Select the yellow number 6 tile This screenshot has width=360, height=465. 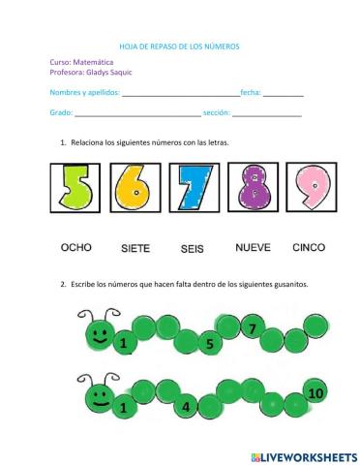133,189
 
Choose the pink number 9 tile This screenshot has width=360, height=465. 313,189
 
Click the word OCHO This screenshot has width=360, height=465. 76,248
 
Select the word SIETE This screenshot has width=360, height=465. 135,249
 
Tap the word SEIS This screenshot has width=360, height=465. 193,249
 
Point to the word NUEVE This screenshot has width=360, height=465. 253,248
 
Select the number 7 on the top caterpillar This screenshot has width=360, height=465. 252,329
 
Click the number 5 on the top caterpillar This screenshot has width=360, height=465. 209,344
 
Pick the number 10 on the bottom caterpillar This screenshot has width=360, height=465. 315,393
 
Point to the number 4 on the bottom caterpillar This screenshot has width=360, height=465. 185,408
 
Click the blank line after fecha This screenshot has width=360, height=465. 283,94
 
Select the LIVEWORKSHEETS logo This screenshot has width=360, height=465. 304,455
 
